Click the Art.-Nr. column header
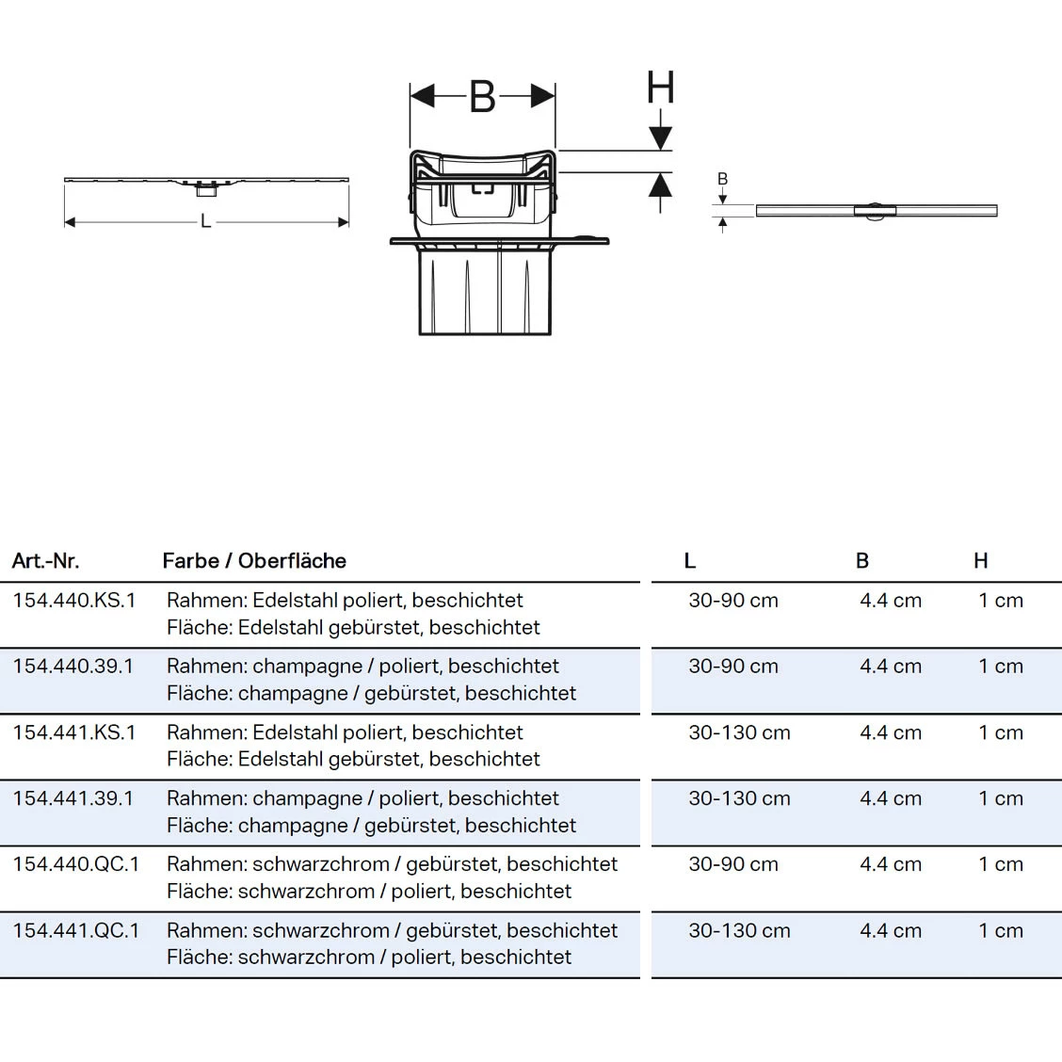tap(45, 561)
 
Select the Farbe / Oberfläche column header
tap(254, 561)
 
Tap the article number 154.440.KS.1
tap(74, 601)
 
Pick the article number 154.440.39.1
tap(73, 667)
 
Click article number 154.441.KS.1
tap(74, 732)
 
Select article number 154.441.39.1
tap(73, 798)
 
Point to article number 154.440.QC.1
tap(75, 864)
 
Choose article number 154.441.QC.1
tap(75, 930)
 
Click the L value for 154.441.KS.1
tap(739, 732)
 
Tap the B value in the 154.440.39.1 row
tap(890, 667)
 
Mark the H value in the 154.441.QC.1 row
tap(1000, 930)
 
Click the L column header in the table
tap(690, 561)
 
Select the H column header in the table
tap(981, 561)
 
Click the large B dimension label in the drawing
tap(482, 96)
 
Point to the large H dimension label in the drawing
tap(660, 88)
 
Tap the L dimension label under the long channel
tap(205, 222)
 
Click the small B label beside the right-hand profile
tap(722, 179)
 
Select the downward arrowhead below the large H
tap(660, 137)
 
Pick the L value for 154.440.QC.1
tap(733, 864)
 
